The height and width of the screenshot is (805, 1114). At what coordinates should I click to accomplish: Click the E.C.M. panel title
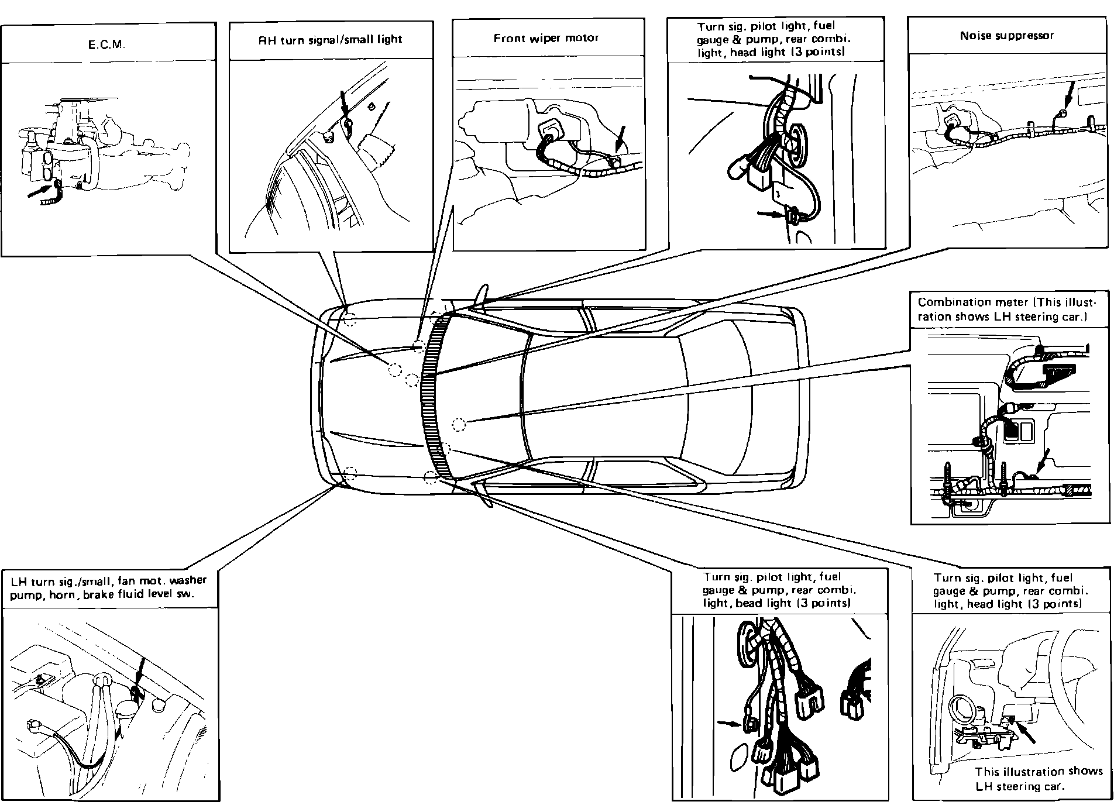pos(106,44)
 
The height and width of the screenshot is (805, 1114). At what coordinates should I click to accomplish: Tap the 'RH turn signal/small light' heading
pos(331,40)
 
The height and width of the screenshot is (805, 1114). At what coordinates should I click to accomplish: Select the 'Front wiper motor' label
pos(546,38)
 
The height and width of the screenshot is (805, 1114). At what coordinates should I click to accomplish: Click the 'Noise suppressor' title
pos(1006,36)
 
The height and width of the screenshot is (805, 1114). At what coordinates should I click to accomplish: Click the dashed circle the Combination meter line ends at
pos(458,424)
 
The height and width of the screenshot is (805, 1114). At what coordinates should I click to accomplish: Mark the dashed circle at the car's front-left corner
pos(350,473)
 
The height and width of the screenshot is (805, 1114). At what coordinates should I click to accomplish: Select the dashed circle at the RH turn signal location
pos(350,319)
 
